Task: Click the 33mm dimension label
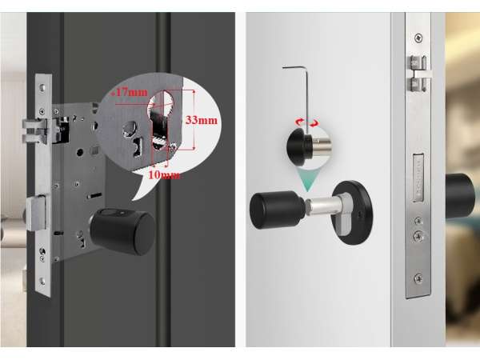202,120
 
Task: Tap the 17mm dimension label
129,92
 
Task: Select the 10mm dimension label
164,174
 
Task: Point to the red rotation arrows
306,122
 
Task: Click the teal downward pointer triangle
307,180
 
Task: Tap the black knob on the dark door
123,231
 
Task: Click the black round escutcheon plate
353,213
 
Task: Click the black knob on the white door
278,209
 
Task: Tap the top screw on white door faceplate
418,38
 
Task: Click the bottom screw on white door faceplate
418,278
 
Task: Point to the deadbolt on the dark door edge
36,214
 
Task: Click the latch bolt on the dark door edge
34,131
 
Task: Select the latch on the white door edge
420,74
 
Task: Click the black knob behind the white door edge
462,196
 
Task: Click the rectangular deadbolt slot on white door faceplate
418,178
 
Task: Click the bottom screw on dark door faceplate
42,281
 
